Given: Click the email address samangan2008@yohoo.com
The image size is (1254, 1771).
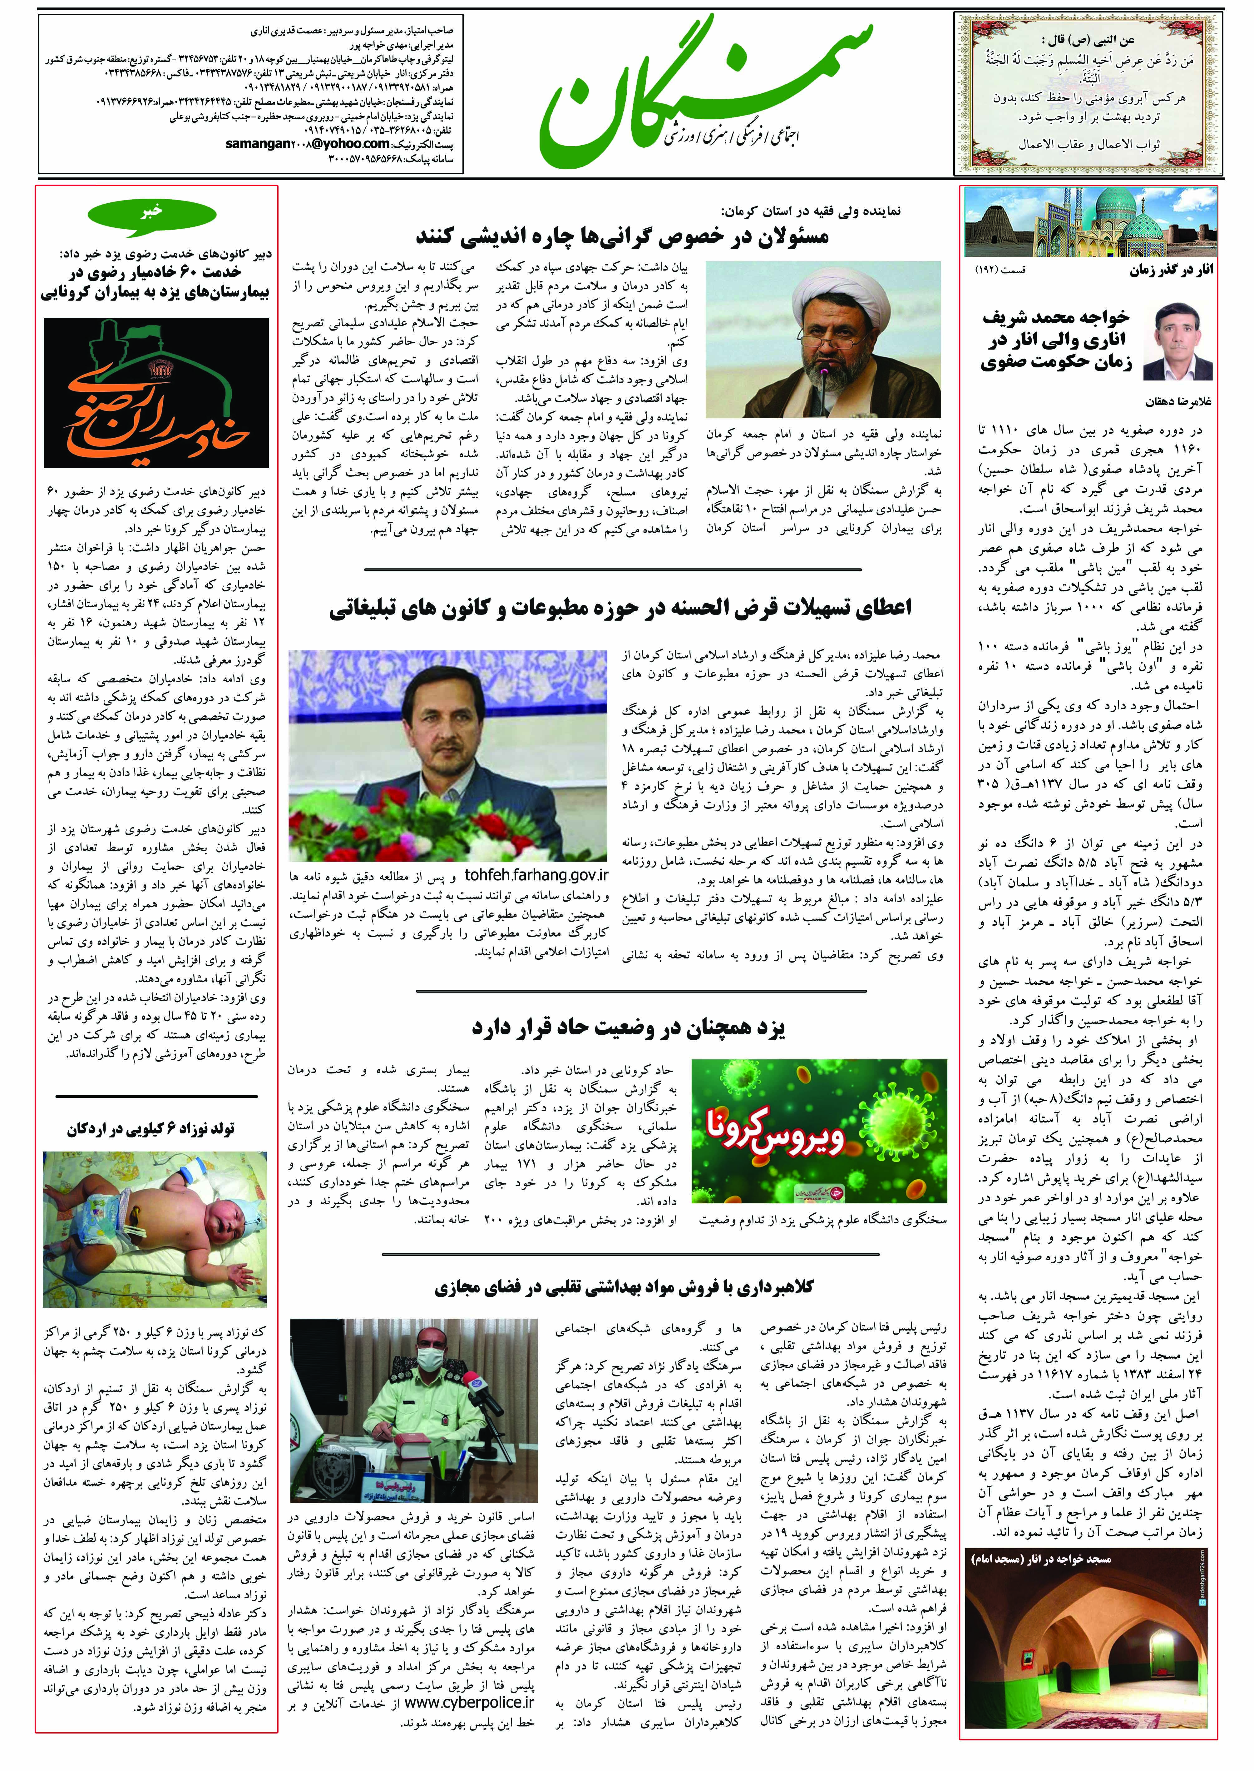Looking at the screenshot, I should tap(307, 144).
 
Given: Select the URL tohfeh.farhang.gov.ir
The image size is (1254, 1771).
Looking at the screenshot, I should tap(537, 875).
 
